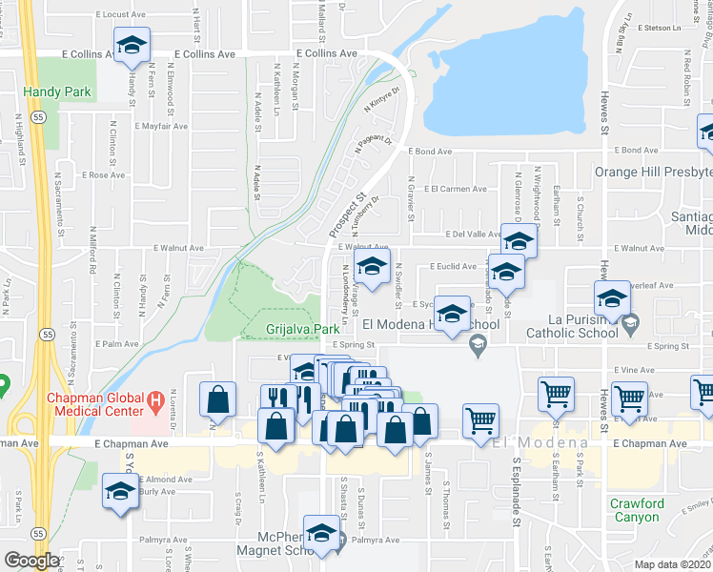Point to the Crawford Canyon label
tap(639, 510)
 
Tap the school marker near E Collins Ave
tap(132, 45)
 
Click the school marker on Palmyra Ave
tap(322, 533)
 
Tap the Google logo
tap(31, 561)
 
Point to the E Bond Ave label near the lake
tap(430, 152)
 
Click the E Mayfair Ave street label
tap(163, 125)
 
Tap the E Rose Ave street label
tap(102, 175)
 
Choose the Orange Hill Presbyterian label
tap(653, 173)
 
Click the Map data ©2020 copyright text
tap(671, 564)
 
